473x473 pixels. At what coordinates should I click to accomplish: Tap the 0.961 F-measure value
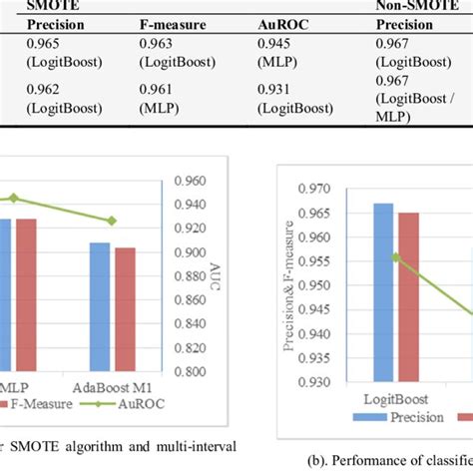[160, 90]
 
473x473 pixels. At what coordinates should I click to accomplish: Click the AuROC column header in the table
[283, 24]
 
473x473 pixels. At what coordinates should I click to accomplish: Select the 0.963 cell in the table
[160, 43]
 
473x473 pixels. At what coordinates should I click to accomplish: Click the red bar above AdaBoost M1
[125, 309]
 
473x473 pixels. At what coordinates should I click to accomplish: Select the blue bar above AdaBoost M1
[101, 307]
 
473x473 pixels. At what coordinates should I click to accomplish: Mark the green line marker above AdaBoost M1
[113, 221]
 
